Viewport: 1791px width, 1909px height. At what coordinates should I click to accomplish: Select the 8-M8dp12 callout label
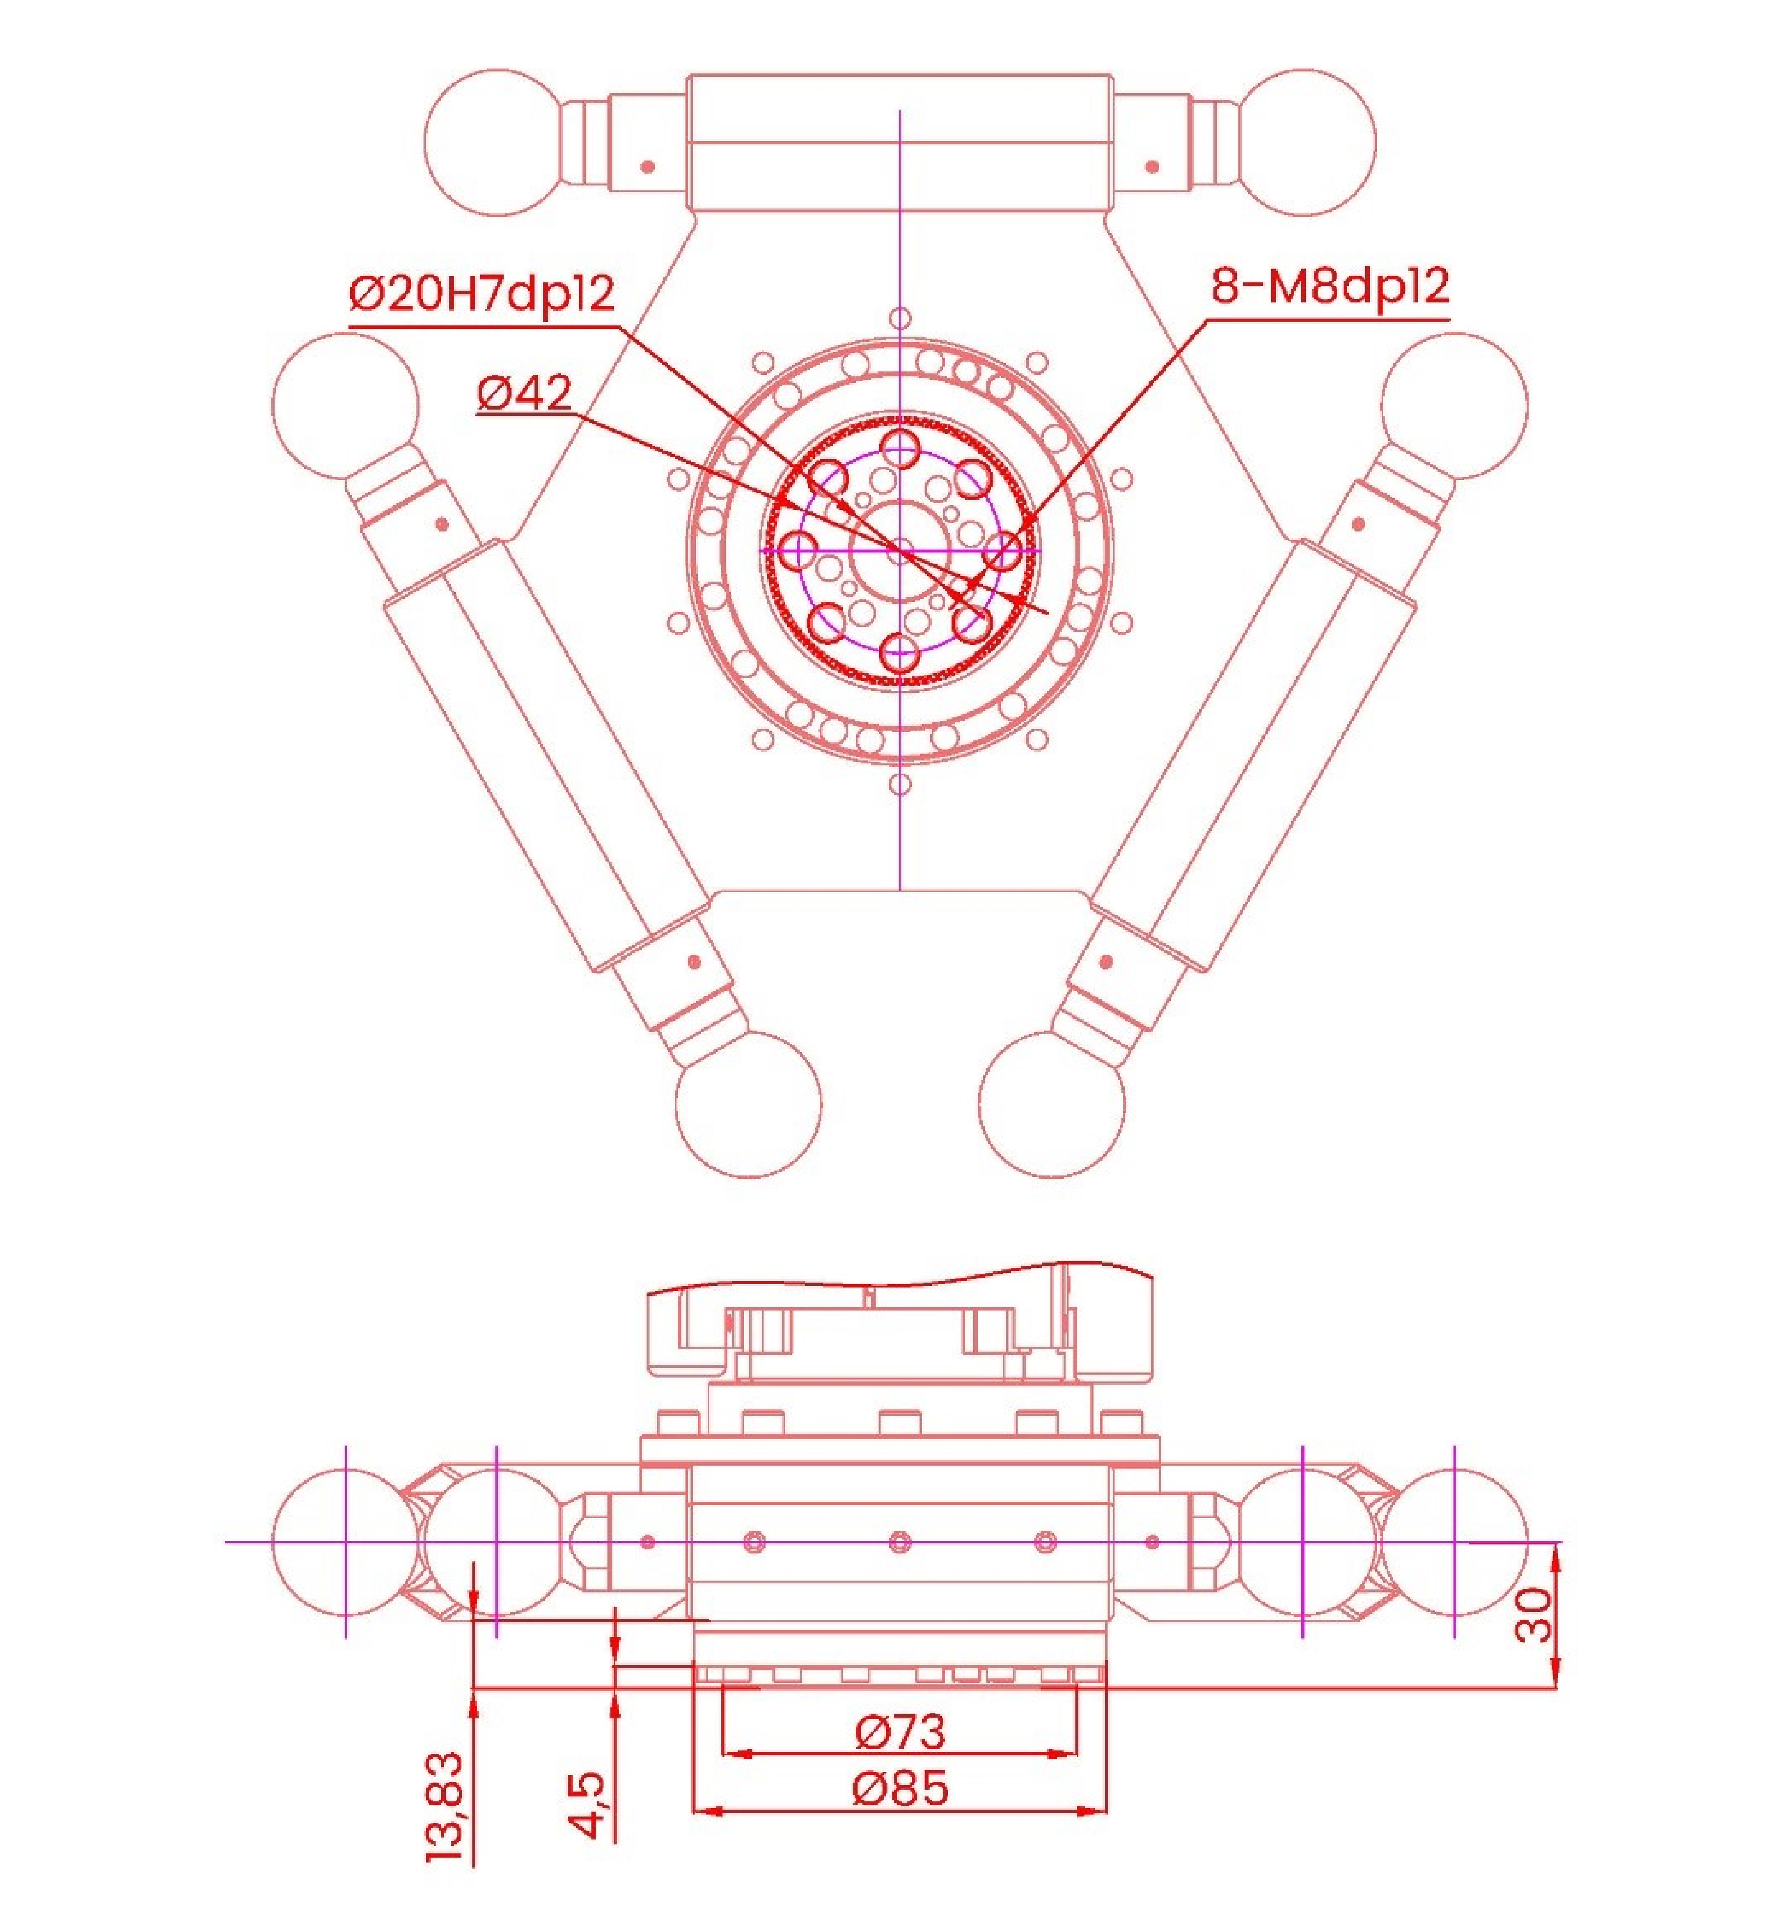pos(1329,286)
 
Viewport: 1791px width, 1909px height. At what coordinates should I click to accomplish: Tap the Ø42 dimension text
pos(524,393)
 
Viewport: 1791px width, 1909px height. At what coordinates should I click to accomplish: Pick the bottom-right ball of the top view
pos(1051,1104)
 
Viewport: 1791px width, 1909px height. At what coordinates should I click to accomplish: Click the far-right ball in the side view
pos(1454,1542)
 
